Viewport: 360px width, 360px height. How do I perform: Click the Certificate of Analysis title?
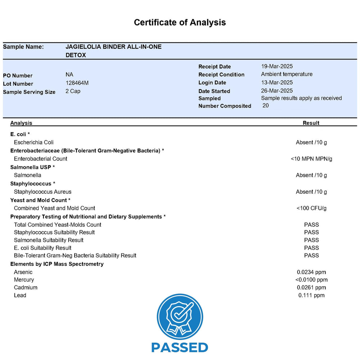[x=180, y=22]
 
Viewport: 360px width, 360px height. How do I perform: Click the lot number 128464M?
[x=77, y=83]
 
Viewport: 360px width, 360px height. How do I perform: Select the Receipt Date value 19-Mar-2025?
[x=276, y=66]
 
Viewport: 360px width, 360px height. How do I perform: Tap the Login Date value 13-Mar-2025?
[x=276, y=82]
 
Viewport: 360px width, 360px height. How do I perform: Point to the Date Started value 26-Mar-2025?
[x=276, y=91]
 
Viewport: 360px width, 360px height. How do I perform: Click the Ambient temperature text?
[x=287, y=74]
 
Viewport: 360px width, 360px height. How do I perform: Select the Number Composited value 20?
[x=265, y=105]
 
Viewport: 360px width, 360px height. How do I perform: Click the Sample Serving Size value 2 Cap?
[x=73, y=91]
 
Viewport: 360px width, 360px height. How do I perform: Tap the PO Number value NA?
[x=69, y=75]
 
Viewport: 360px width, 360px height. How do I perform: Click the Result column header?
[x=311, y=123]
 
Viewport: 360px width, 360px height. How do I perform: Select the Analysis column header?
[x=21, y=123]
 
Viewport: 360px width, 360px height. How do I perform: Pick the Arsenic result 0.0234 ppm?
[x=311, y=272]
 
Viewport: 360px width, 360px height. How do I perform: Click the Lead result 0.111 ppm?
[x=311, y=295]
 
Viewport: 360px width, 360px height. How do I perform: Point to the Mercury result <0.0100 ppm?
[x=311, y=280]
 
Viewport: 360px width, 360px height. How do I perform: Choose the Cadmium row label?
[x=26, y=287]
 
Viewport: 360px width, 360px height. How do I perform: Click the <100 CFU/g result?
[x=311, y=208]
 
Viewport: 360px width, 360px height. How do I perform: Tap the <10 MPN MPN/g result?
[x=311, y=159]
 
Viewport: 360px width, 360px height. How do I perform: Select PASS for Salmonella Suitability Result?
[x=311, y=240]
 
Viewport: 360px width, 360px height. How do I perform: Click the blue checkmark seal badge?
[x=180, y=317]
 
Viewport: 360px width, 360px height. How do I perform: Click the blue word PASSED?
[x=180, y=347]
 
